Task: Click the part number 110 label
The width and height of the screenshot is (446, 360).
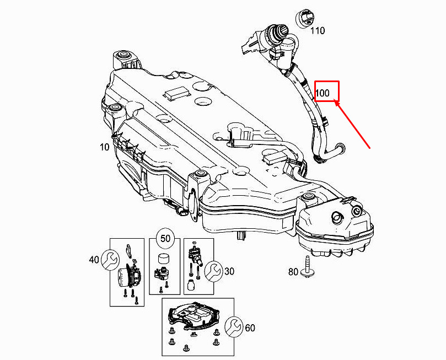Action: click(x=317, y=30)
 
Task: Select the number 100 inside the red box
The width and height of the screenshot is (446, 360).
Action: click(x=323, y=93)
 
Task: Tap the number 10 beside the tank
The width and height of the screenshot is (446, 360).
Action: click(x=104, y=147)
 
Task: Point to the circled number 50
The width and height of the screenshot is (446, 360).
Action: click(x=165, y=238)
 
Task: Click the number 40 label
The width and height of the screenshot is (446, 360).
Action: click(x=94, y=260)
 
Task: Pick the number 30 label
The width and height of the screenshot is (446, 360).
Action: click(x=229, y=271)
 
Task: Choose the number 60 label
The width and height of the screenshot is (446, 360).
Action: click(x=250, y=328)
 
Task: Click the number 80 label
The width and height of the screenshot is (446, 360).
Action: click(x=293, y=272)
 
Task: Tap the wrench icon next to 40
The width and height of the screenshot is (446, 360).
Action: click(x=110, y=260)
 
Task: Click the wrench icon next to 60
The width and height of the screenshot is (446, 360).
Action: click(x=234, y=327)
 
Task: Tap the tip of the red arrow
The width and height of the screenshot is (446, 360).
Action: click(x=335, y=102)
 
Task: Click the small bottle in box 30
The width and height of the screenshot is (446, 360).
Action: click(x=191, y=285)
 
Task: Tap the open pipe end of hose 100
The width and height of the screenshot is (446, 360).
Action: click(x=340, y=148)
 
